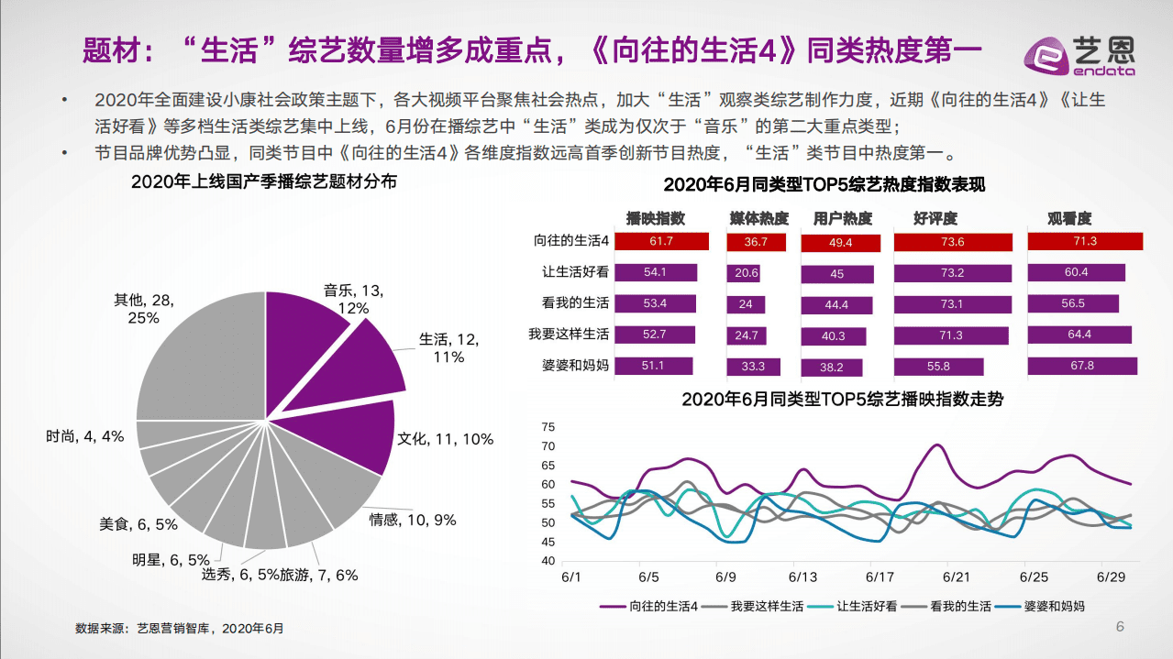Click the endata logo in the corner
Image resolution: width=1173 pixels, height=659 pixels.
(1091, 53)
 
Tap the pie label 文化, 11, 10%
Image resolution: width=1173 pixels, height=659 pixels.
(446, 439)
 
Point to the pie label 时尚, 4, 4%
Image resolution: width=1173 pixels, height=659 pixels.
(84, 436)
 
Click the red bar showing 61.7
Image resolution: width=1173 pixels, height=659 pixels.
(661, 242)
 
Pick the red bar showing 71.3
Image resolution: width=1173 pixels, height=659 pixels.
(1085, 241)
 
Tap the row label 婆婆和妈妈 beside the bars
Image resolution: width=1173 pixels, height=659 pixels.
(575, 366)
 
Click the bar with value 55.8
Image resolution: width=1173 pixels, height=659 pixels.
(938, 367)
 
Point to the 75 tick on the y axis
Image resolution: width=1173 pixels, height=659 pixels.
(549, 427)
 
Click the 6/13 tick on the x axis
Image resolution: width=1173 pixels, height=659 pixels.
(802, 577)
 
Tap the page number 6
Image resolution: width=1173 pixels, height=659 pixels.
(1120, 627)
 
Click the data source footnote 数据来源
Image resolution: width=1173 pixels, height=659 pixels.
(180, 629)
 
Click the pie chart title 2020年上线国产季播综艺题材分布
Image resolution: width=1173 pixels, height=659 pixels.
(264, 181)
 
